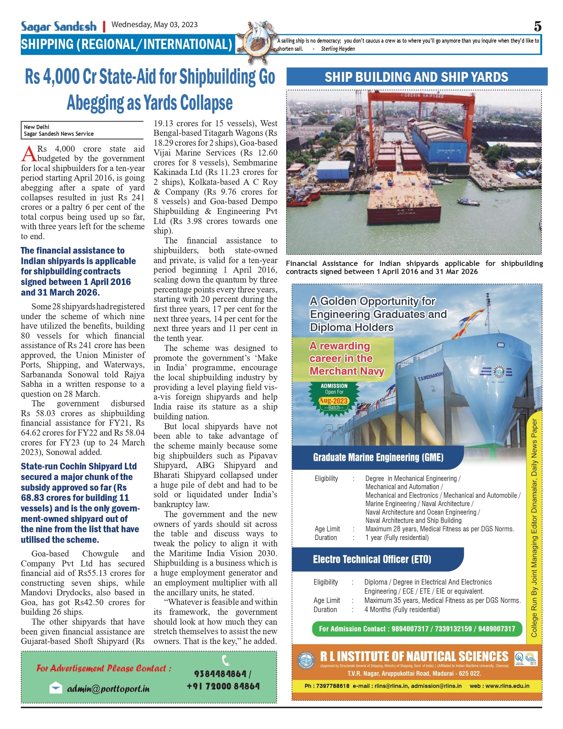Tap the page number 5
537,26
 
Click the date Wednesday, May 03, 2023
154,25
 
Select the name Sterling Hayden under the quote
337,49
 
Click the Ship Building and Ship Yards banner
417,77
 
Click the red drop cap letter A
29,154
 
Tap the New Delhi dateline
37,127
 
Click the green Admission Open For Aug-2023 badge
334,397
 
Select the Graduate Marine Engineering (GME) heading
378,457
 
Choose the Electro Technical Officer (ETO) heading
372,559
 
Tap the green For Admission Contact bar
417,628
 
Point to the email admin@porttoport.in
108,688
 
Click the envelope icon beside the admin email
56,688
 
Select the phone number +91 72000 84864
223,686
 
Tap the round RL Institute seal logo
306,660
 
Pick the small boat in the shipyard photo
468,202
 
